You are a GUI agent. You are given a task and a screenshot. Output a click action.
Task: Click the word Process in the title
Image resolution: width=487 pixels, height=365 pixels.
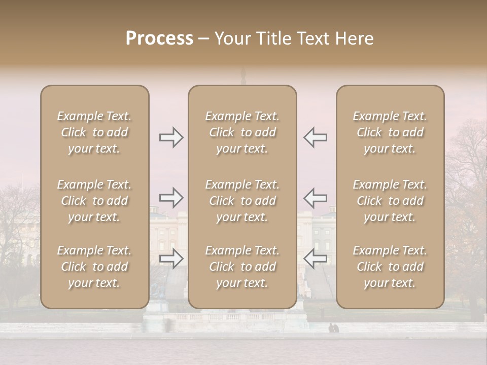pyautogui.click(x=159, y=39)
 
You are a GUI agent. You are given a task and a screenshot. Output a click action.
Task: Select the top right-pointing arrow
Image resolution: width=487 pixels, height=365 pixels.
pyautogui.click(x=171, y=137)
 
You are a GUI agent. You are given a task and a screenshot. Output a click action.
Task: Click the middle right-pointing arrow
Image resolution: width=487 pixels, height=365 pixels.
pyautogui.click(x=171, y=197)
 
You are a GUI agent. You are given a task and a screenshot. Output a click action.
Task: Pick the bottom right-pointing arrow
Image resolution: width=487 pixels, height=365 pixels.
pyautogui.click(x=171, y=258)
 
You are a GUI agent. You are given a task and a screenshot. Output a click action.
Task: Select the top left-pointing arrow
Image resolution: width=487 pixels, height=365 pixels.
pyautogui.click(x=315, y=137)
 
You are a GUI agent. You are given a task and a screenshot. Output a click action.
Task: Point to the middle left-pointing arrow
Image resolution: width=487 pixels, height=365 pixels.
pyautogui.click(x=315, y=197)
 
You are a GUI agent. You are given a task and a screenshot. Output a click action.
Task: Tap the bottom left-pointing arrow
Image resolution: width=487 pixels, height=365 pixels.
pyautogui.click(x=315, y=258)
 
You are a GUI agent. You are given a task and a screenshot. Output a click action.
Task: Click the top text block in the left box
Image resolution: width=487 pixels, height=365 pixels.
pyautogui.click(x=94, y=132)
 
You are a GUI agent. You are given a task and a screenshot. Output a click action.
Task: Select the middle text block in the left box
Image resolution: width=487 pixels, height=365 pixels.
pyautogui.click(x=94, y=201)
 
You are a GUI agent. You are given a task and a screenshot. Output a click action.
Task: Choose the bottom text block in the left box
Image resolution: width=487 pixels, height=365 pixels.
pyautogui.click(x=94, y=267)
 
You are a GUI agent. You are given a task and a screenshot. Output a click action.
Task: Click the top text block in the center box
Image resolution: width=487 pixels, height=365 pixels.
pyautogui.click(x=242, y=132)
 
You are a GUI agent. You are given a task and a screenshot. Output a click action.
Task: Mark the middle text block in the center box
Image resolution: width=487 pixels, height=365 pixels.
pyautogui.click(x=242, y=201)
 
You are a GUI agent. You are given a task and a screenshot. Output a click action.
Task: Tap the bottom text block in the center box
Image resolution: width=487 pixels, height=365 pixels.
pyautogui.click(x=242, y=267)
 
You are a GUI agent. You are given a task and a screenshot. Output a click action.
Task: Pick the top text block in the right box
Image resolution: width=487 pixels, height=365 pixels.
pyautogui.click(x=390, y=132)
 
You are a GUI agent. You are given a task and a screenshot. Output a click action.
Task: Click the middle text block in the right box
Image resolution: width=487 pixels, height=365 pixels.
pyautogui.click(x=390, y=201)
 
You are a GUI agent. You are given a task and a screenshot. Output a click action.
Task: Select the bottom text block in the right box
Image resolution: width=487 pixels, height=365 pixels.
pyautogui.click(x=390, y=267)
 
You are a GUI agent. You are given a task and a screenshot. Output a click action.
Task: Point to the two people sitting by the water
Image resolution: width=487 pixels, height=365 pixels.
pyautogui.click(x=333, y=328)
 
